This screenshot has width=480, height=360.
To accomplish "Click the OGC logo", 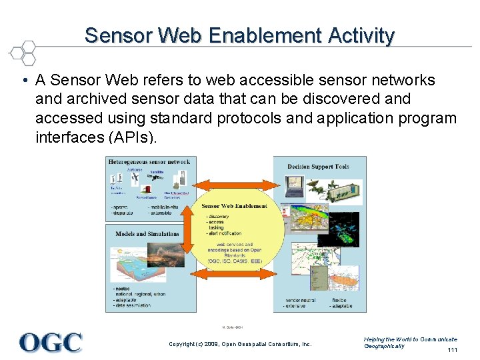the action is click(x=51, y=342).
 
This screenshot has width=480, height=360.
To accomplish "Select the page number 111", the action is click(x=453, y=350).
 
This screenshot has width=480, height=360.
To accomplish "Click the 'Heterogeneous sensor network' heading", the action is click(x=149, y=162).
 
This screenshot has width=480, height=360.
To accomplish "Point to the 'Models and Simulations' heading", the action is click(x=147, y=234).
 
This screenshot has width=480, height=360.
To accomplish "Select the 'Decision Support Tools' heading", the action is click(x=318, y=167).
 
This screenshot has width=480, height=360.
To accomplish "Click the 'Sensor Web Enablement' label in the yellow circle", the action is click(x=234, y=206).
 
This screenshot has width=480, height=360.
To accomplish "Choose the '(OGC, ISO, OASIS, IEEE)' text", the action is click(x=235, y=261).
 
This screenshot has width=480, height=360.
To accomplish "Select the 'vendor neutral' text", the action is click(x=301, y=301).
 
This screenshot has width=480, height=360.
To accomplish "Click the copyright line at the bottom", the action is click(x=240, y=344).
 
